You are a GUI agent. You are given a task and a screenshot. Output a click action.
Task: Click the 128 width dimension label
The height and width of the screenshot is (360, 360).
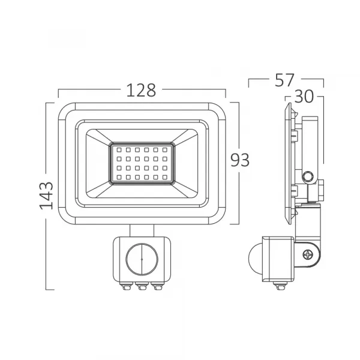(141, 90)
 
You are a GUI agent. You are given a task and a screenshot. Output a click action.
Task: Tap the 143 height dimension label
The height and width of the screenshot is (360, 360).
(47, 194)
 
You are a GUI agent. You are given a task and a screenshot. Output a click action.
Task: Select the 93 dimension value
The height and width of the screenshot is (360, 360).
(240, 159)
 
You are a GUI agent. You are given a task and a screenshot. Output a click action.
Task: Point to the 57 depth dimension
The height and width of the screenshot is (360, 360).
(286, 78)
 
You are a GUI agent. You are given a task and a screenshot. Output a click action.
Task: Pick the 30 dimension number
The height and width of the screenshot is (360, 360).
(304, 97)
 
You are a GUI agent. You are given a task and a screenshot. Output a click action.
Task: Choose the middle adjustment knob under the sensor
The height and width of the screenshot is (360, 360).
(142, 287)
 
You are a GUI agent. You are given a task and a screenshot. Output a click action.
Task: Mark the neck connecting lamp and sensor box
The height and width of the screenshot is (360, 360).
(142, 230)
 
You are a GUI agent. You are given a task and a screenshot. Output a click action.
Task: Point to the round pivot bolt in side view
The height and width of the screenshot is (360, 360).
(308, 176)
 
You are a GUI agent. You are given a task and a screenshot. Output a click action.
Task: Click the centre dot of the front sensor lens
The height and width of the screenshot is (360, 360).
(142, 259)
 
